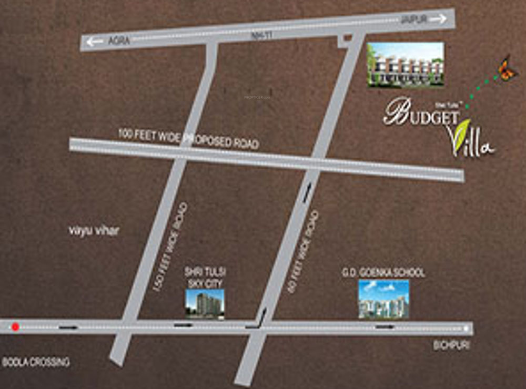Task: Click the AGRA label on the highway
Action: coord(119,41)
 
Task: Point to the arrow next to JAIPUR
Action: coord(438,19)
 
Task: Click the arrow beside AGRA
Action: coord(95,42)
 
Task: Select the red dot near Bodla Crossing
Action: coord(16,327)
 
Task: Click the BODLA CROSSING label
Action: coord(36,362)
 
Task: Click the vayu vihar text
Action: coord(94,230)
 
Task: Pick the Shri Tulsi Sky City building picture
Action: coord(205,304)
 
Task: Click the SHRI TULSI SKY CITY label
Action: coord(205,277)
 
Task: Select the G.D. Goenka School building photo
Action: coord(383,299)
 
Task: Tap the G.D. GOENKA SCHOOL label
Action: coord(383,273)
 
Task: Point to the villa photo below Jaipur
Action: coord(405,64)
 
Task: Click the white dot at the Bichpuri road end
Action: coord(466,329)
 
